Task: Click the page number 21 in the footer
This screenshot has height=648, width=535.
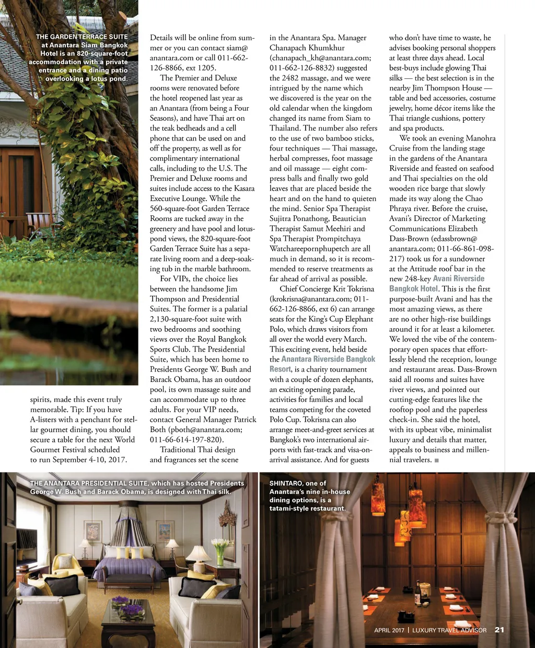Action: [x=499, y=630]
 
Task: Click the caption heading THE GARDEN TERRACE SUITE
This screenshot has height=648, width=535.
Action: [x=82, y=37]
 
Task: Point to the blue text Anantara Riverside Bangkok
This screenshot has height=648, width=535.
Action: [x=328, y=359]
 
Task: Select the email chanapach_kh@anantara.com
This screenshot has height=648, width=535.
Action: [x=320, y=57]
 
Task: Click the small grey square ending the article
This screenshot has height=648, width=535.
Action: [x=436, y=460]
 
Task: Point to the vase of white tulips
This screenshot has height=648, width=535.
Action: [x=220, y=549]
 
